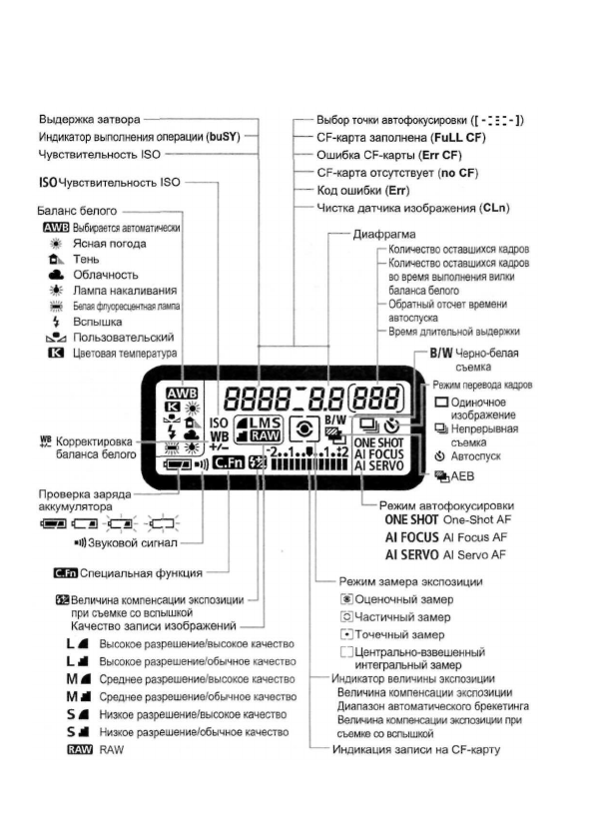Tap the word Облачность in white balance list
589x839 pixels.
(105, 275)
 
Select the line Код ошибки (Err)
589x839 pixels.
(366, 190)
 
